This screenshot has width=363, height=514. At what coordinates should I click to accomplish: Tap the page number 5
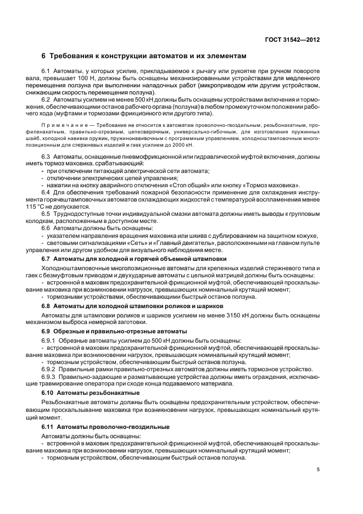(319, 470)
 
